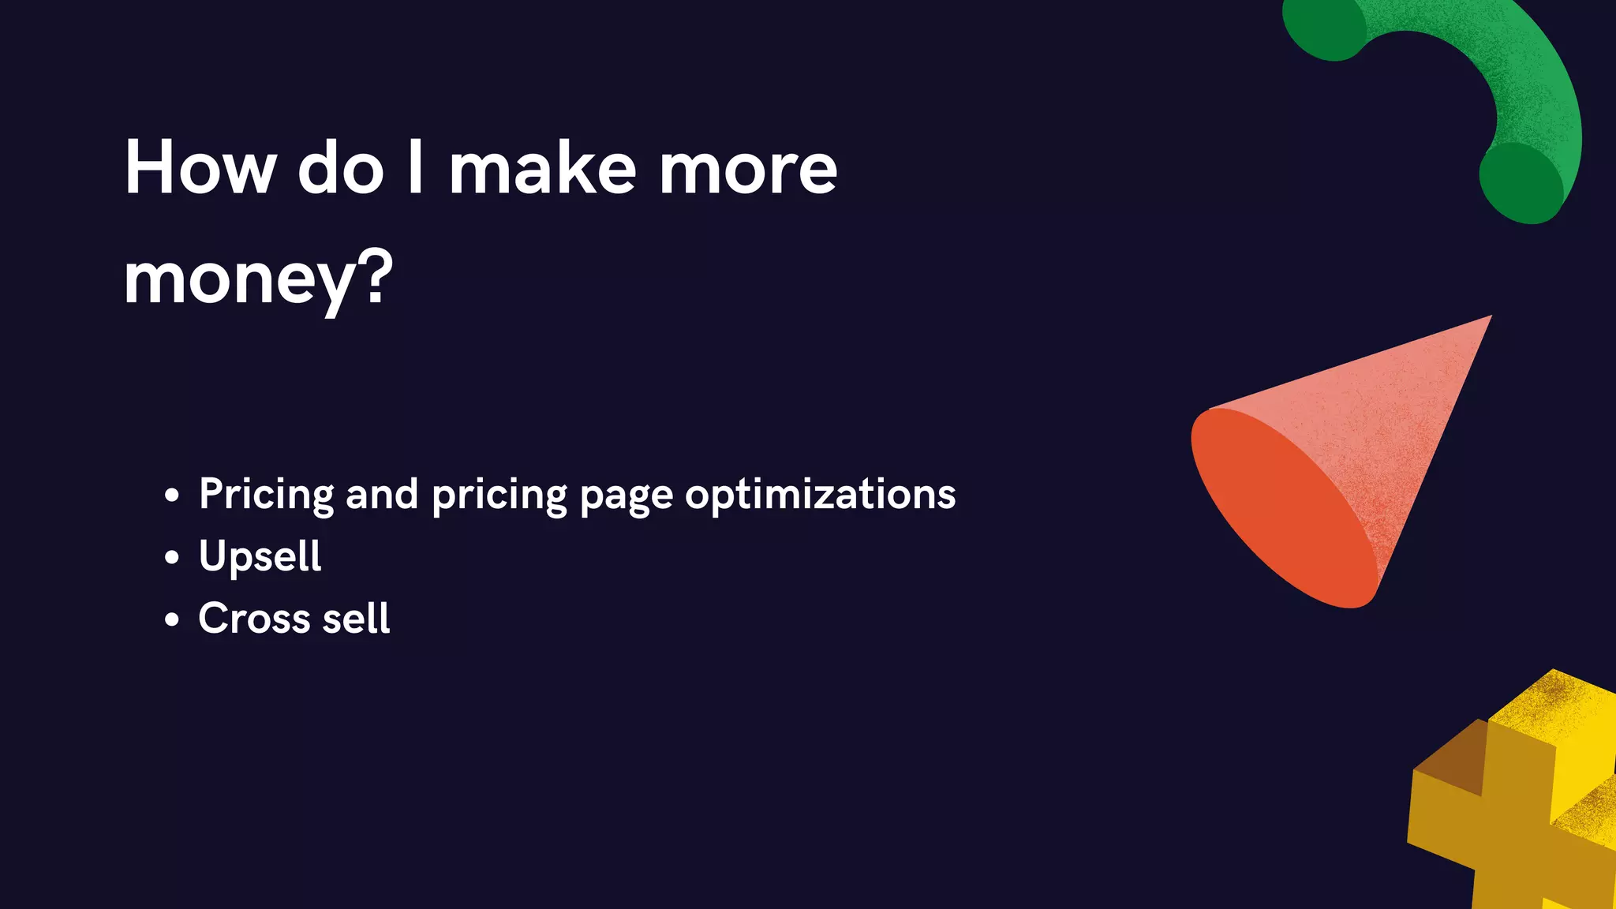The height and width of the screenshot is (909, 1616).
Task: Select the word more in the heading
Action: (x=747, y=169)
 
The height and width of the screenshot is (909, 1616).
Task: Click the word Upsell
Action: (x=260, y=557)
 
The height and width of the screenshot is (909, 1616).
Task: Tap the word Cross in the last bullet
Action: (x=254, y=619)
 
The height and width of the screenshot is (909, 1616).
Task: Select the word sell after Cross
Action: (x=356, y=619)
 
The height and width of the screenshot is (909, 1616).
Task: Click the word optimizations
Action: (x=820, y=495)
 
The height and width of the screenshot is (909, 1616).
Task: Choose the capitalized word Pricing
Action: (x=267, y=496)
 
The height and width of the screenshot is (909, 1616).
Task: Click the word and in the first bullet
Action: (x=382, y=495)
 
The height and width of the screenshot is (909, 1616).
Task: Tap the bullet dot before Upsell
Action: (x=172, y=558)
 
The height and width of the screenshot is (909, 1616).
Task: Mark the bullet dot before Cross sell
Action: (x=172, y=620)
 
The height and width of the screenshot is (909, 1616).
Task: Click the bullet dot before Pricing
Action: (x=172, y=496)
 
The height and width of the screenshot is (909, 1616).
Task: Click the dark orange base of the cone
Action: (x=1278, y=513)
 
